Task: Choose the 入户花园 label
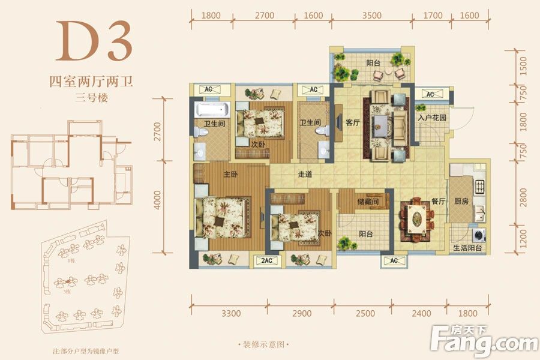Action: tap(432, 118)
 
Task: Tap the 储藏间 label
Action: tap(367, 202)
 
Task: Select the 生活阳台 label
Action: tap(469, 248)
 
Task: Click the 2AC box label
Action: tap(267, 260)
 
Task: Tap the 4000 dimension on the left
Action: tap(158, 199)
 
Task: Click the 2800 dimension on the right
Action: tap(523, 195)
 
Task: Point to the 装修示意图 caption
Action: tap(263, 344)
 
